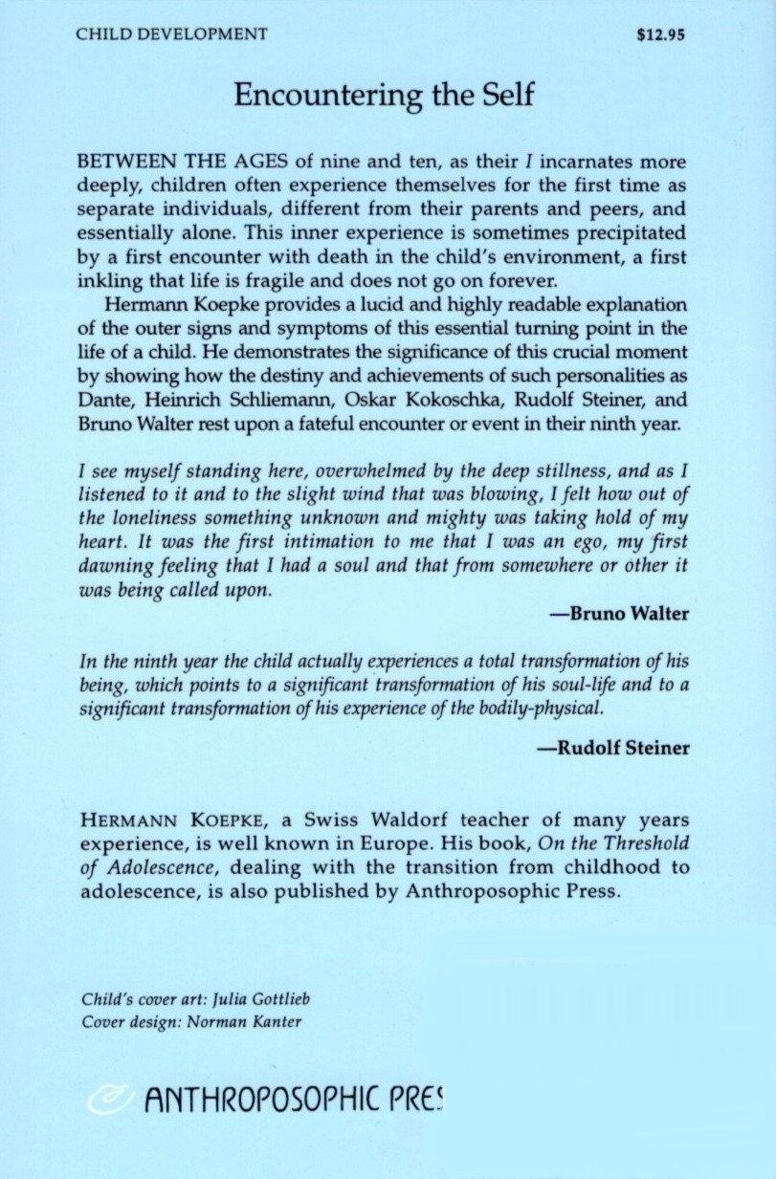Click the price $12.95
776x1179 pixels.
click(x=661, y=35)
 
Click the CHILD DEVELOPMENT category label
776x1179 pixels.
click(x=172, y=35)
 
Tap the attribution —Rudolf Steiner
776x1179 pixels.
click(x=611, y=748)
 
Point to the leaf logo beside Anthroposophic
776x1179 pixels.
click(x=107, y=1103)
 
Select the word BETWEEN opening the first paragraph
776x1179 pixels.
click(x=122, y=163)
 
